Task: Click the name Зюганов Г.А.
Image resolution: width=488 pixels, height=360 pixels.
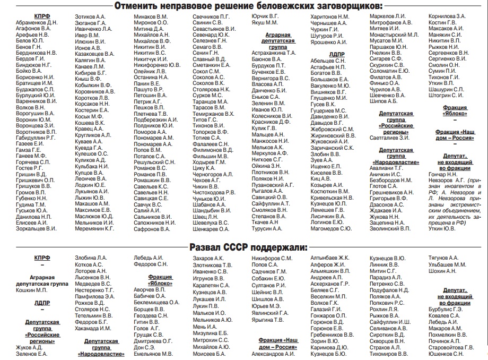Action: (90, 23)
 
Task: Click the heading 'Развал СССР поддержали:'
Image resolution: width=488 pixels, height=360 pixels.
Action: (249, 247)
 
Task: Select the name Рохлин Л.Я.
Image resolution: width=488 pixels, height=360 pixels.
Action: (384, 310)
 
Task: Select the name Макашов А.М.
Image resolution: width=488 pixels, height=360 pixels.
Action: (92, 203)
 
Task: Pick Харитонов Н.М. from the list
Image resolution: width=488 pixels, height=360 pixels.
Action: (329, 17)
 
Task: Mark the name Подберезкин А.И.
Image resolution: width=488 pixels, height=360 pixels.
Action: (156, 120)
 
